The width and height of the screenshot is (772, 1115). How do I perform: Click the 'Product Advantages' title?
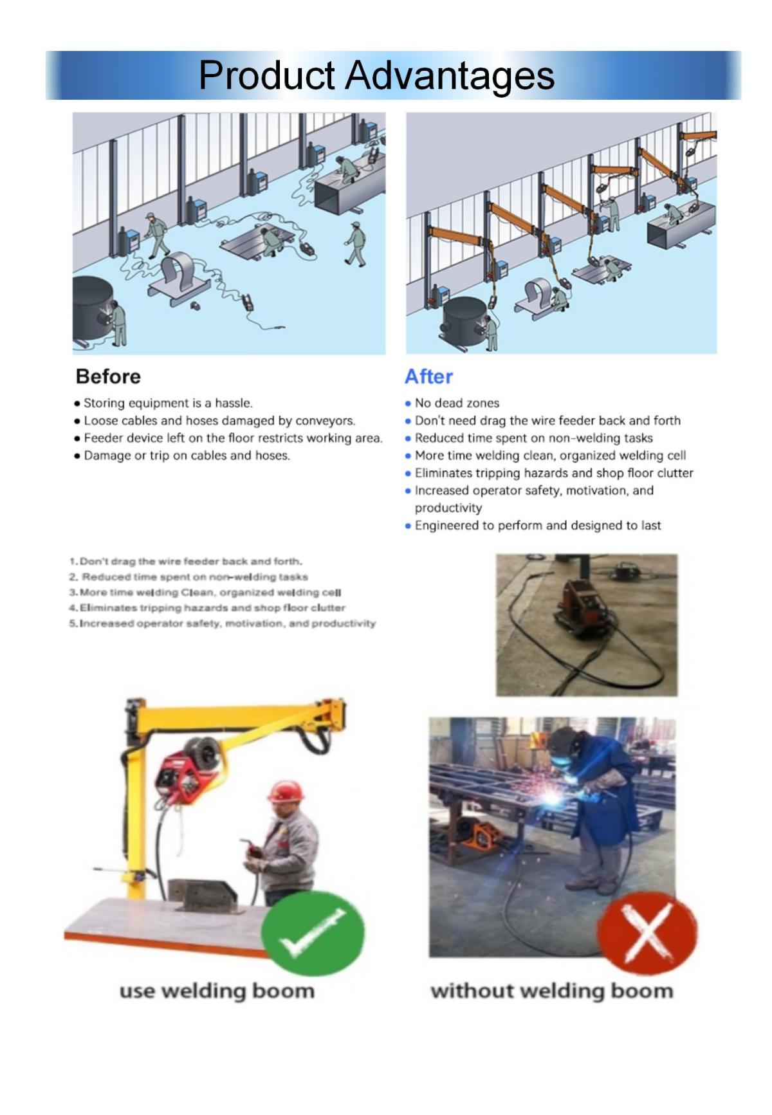376,75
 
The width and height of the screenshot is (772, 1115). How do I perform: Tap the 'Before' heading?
108,376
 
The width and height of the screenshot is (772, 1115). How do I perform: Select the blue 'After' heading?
428,376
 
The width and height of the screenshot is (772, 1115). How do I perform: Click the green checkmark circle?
313,934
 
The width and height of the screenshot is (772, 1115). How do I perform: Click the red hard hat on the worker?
286,791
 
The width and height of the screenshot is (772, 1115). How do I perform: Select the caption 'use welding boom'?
217,991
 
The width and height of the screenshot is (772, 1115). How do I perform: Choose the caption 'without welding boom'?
551,991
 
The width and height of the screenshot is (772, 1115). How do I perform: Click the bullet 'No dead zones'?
457,403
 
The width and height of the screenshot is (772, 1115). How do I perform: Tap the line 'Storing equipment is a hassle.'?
168,403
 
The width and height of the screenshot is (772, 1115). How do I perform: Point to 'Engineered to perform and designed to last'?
537,526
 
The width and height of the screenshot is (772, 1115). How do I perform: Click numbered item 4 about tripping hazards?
212,608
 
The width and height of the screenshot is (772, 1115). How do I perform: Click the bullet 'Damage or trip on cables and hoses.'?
187,456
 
